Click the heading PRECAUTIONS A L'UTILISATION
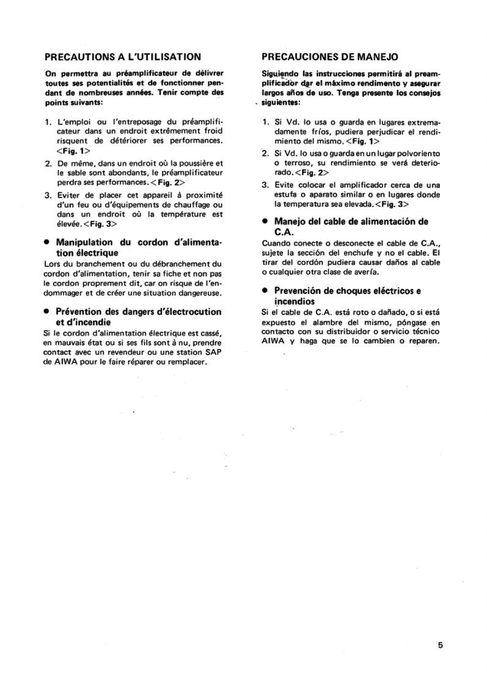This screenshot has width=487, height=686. pyautogui.click(x=123, y=56)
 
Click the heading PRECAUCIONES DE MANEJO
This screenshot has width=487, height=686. pyautogui.click(x=330, y=56)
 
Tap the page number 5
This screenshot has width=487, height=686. pyautogui.click(x=440, y=644)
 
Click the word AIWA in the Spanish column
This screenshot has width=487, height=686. pyautogui.click(x=273, y=341)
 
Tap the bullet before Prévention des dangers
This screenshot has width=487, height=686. pyautogui.click(x=47, y=312)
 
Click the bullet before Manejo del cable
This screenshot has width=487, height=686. pyautogui.click(x=264, y=221)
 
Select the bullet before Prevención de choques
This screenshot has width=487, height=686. pyautogui.click(x=264, y=291)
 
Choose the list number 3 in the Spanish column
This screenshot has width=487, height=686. pyautogui.click(x=265, y=184)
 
